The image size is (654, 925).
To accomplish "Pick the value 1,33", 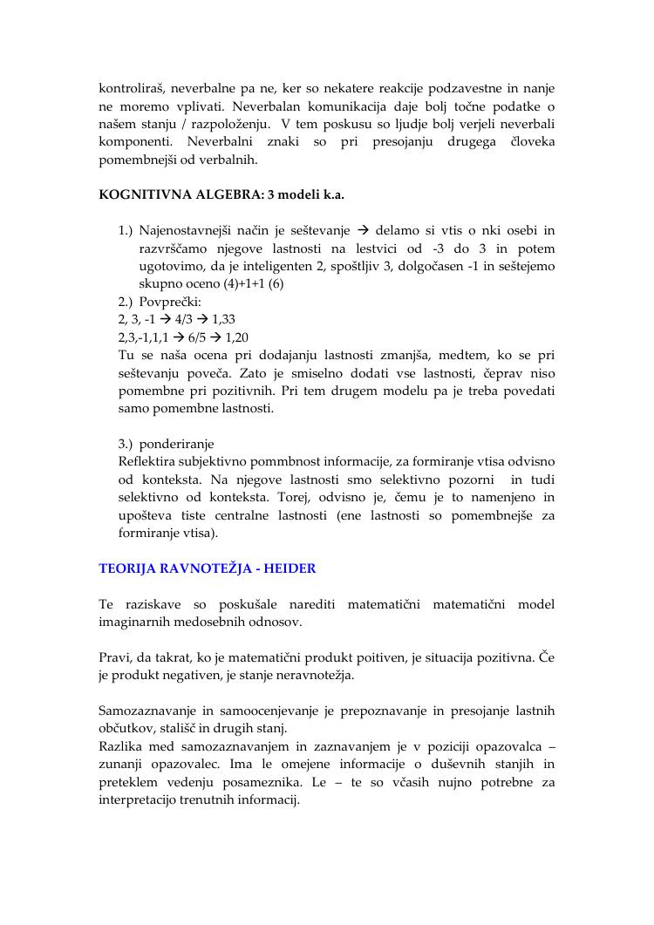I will (223, 320).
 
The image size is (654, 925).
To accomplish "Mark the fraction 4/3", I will (184, 320).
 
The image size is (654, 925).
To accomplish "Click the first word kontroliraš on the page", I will (133, 89).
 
